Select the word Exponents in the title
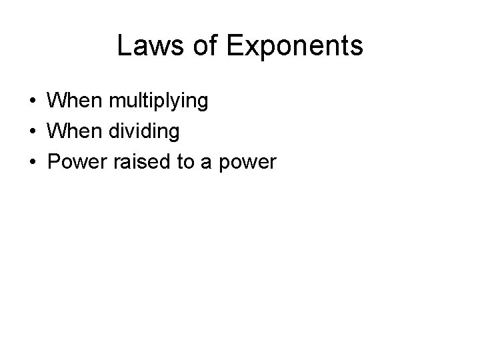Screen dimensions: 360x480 [x=295, y=46]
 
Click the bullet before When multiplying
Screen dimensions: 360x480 [x=32, y=102]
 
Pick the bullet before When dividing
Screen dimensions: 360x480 [x=32, y=132]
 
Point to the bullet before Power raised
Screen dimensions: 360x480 [x=32, y=162]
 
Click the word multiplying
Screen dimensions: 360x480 [x=159, y=102]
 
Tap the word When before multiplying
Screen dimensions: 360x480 [x=73, y=101]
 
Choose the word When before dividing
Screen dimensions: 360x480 [x=73, y=131]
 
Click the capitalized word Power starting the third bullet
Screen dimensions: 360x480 [x=74, y=161]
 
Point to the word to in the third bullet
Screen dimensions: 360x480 [x=183, y=161]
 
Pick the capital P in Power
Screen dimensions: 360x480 [x=53, y=161]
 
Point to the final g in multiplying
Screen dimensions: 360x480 [x=203, y=104]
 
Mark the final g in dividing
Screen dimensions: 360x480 [x=174, y=134]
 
